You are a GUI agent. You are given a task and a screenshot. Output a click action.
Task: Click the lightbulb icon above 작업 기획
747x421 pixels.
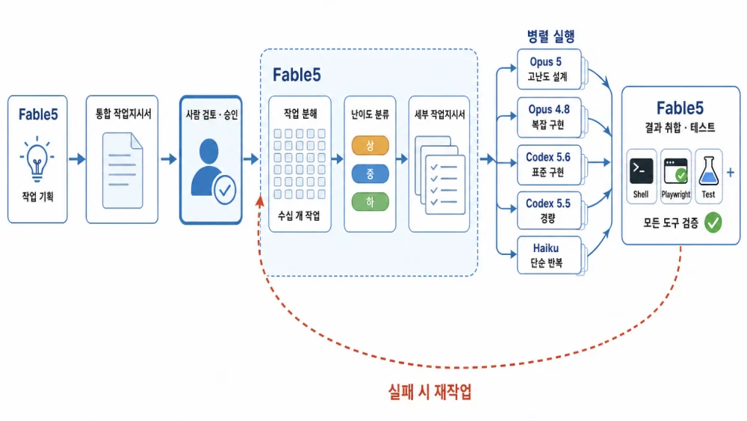pyautogui.click(x=37, y=159)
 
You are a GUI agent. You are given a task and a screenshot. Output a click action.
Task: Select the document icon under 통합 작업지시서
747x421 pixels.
pyautogui.click(x=123, y=170)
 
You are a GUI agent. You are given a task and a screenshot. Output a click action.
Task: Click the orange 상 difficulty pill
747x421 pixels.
pyautogui.click(x=371, y=146)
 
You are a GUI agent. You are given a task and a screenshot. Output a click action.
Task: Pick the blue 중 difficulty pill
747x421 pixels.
pyautogui.click(x=371, y=174)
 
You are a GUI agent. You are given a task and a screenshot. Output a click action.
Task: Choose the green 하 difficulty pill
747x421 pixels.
pyautogui.click(x=371, y=202)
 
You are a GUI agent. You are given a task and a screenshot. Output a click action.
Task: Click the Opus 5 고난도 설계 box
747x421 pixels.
pyautogui.click(x=549, y=69)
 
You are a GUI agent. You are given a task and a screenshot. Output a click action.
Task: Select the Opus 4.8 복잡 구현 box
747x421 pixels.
pyautogui.click(x=549, y=117)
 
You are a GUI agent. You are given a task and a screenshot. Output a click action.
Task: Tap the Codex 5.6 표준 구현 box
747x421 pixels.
pyautogui.click(x=549, y=165)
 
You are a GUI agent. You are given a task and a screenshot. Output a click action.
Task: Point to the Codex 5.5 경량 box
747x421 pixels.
pyautogui.click(x=549, y=210)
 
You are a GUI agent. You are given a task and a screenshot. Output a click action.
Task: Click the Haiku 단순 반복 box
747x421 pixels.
pyautogui.click(x=549, y=255)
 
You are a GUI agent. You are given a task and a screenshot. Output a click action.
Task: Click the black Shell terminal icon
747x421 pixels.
pyautogui.click(x=641, y=171)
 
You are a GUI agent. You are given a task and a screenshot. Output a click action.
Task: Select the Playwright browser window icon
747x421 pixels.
pyautogui.click(x=675, y=171)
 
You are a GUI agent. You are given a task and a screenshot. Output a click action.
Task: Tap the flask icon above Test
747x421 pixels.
pyautogui.click(x=708, y=170)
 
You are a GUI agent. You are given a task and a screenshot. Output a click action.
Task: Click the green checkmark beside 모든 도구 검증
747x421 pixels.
pyautogui.click(x=713, y=223)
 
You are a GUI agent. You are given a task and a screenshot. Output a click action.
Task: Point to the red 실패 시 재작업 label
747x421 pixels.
pyautogui.click(x=430, y=392)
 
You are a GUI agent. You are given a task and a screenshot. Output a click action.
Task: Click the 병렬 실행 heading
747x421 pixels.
pyautogui.click(x=551, y=36)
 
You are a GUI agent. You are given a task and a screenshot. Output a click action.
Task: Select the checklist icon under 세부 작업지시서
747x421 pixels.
pyautogui.click(x=440, y=175)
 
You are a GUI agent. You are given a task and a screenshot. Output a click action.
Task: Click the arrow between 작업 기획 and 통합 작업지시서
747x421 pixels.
pyautogui.click(x=77, y=159)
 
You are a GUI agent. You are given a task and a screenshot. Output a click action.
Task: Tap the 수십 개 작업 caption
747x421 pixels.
pyautogui.click(x=300, y=216)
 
